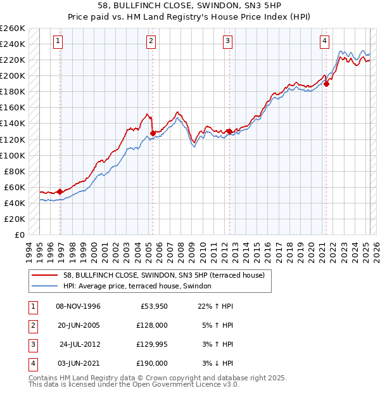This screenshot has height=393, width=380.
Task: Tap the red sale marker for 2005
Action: click(x=153, y=133)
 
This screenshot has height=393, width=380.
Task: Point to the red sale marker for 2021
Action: click(x=326, y=84)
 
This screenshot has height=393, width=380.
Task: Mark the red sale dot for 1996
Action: click(x=60, y=191)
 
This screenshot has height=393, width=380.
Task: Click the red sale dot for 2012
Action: click(x=229, y=131)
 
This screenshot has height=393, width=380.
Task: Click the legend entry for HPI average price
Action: click(x=141, y=287)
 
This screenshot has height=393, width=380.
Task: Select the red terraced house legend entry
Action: click(x=167, y=275)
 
